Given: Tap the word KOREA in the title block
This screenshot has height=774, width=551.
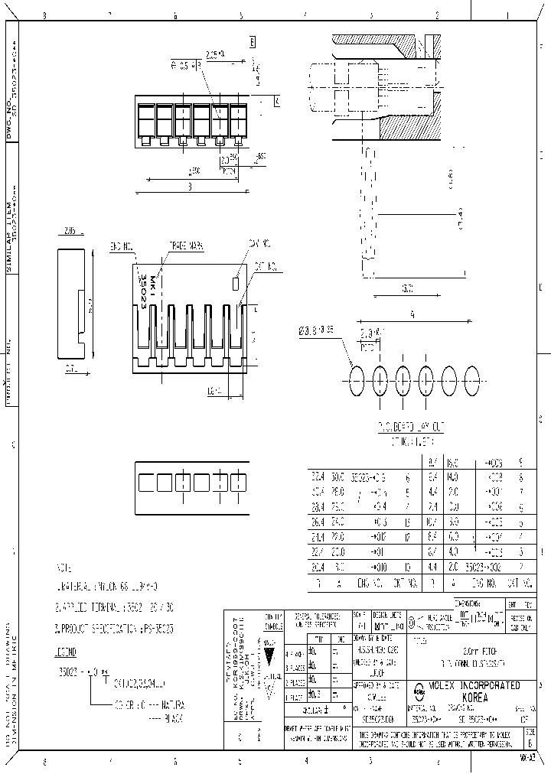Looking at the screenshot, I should click(475, 697).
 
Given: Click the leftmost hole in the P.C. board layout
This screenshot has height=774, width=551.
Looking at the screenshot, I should click(356, 379).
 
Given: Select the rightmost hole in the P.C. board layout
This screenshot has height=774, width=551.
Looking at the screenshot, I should click(472, 379).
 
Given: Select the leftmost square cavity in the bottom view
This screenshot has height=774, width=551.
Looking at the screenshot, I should click(144, 483).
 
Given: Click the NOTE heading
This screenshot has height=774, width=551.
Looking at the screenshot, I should click(63, 570).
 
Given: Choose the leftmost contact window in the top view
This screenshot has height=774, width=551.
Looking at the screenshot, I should click(145, 120).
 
